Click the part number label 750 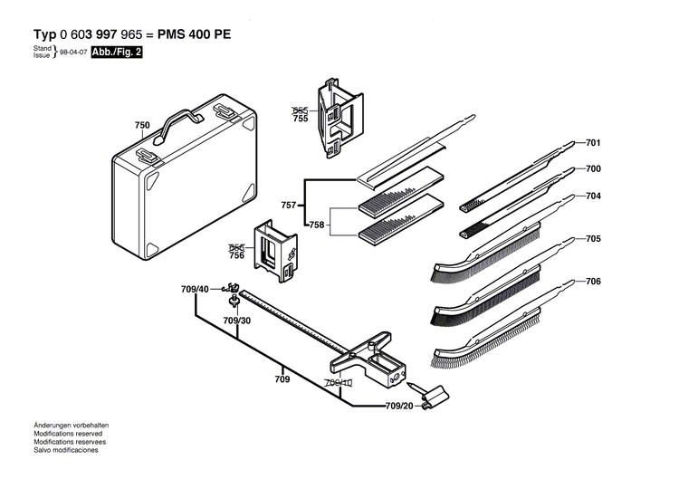pyautogui.click(x=142, y=125)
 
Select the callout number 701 pyautogui.click(x=594, y=143)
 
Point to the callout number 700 pyautogui.click(x=594, y=168)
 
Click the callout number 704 pyautogui.click(x=594, y=196)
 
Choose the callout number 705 pyautogui.click(x=594, y=240)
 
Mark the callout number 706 pyautogui.click(x=594, y=282)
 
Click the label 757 pyautogui.click(x=289, y=206)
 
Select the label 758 pyautogui.click(x=317, y=224)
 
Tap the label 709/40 pyautogui.click(x=195, y=289)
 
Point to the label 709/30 pyautogui.click(x=237, y=321)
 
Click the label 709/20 pyautogui.click(x=400, y=406)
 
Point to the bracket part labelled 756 pyautogui.click(x=274, y=249)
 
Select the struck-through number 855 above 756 pyautogui.click(x=236, y=247)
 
